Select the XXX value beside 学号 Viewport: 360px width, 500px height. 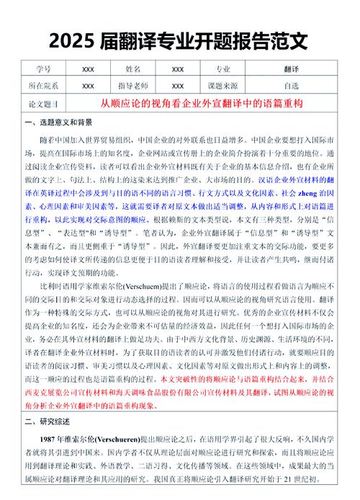(88, 69)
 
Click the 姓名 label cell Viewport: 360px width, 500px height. (133, 69)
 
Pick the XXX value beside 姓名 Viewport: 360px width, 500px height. (178, 69)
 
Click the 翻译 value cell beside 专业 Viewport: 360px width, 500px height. (292, 69)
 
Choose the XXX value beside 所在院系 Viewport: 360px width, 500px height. (88, 85)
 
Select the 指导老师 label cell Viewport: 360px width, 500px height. (133, 85)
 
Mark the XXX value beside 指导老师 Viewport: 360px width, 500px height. (178, 85)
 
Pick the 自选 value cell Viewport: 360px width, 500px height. (292, 85)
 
